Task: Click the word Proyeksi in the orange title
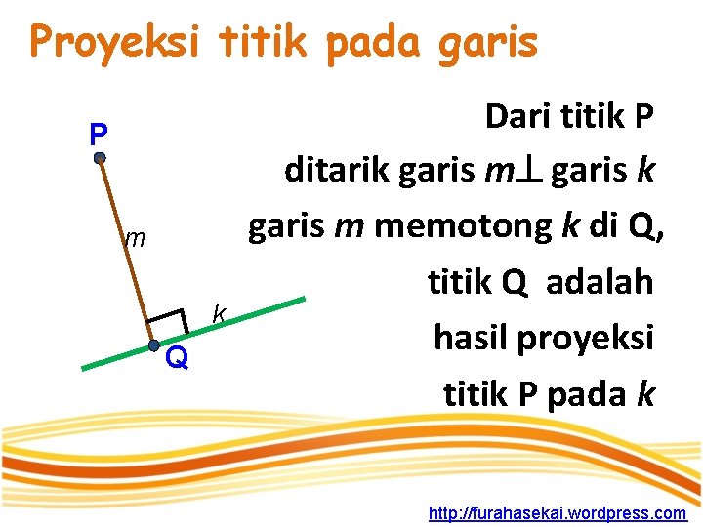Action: (115, 42)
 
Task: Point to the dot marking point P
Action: (100, 157)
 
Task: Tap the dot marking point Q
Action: (154, 345)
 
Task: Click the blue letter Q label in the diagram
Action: (177, 359)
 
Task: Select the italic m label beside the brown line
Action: (135, 237)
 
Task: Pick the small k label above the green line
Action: (220, 312)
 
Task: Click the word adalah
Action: (600, 282)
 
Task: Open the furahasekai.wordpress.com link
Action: (558, 512)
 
